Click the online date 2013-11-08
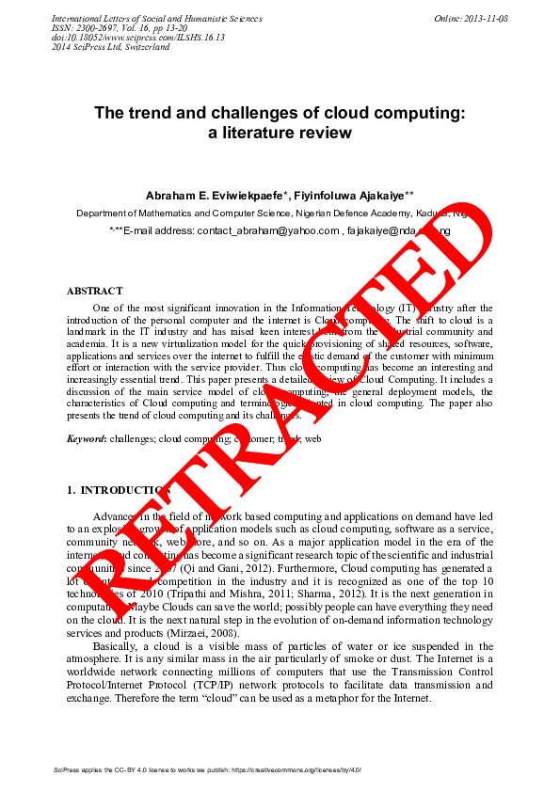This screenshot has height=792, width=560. (x=487, y=19)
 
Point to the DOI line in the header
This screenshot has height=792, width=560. (x=111, y=38)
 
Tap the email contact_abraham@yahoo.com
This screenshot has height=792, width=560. (x=268, y=230)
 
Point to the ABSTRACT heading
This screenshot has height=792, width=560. (x=94, y=292)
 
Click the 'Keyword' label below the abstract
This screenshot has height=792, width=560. (x=86, y=439)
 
